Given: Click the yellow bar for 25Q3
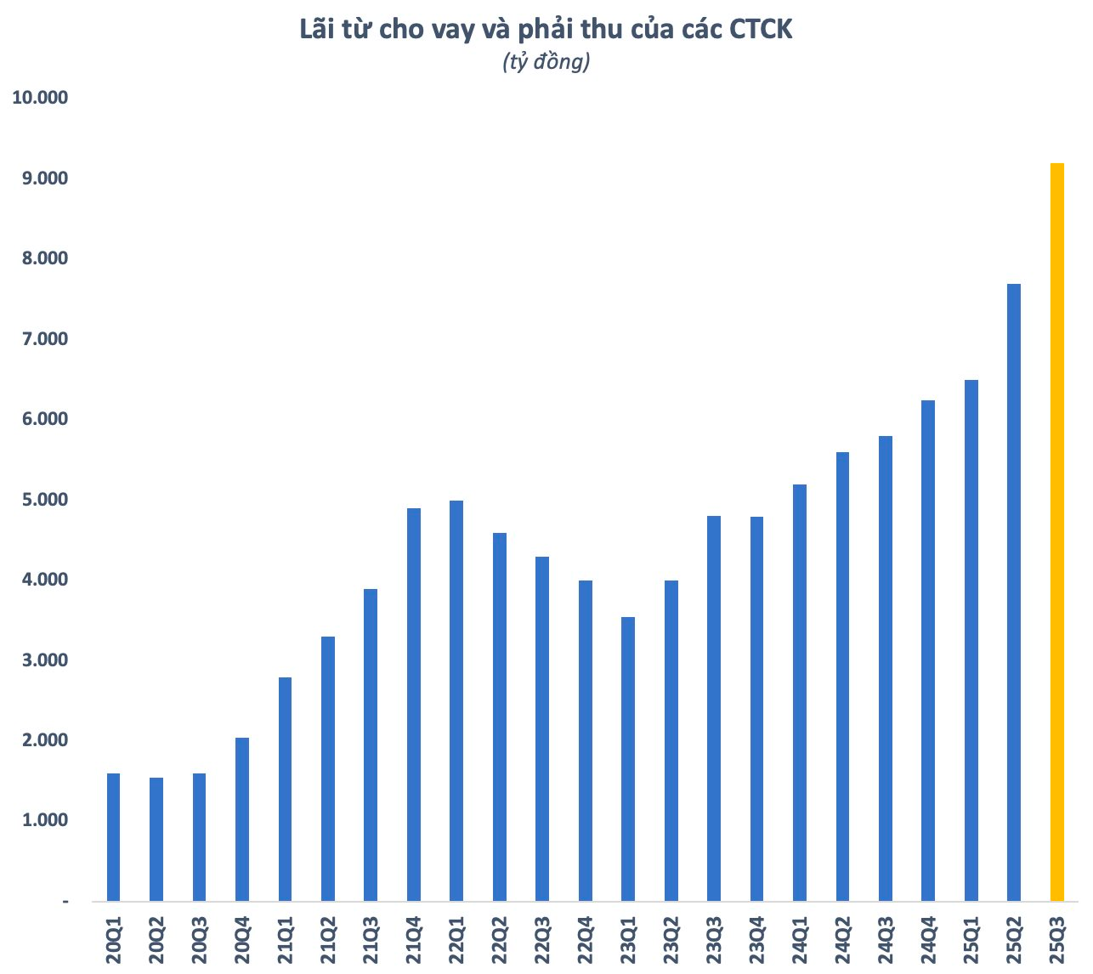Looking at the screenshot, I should click(x=1056, y=532).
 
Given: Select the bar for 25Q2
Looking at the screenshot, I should click(x=1014, y=592).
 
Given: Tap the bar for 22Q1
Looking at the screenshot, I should click(x=456, y=700).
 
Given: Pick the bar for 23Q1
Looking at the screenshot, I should click(x=628, y=759).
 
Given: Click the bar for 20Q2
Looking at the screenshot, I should click(x=156, y=839).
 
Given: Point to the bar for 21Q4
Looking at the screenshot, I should click(x=414, y=705).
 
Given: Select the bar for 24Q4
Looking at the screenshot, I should click(x=928, y=650).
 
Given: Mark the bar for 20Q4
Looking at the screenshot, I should click(x=242, y=819).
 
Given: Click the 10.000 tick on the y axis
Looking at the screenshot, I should click(x=40, y=98).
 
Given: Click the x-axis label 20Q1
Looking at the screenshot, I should click(x=114, y=941).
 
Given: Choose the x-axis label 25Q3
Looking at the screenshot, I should click(x=1057, y=941).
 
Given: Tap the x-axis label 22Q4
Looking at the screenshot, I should click(x=586, y=941).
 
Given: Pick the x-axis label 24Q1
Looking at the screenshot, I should click(x=800, y=941).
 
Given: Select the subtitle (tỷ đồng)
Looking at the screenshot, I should click(x=546, y=62).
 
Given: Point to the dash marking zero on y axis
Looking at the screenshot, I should click(x=65, y=901).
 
